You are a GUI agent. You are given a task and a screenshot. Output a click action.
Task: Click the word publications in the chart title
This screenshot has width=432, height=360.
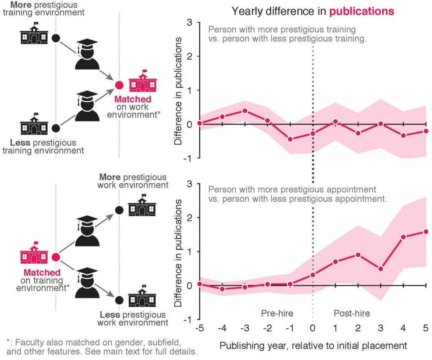click(362, 11)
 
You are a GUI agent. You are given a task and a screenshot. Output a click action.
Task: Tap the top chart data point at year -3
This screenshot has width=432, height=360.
click(245, 111)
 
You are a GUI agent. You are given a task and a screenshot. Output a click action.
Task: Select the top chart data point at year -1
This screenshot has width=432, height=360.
click(290, 139)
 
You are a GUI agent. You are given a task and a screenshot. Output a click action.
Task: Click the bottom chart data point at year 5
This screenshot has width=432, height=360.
click(426, 232)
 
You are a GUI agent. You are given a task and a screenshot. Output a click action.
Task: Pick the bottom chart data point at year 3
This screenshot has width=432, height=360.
click(381, 269)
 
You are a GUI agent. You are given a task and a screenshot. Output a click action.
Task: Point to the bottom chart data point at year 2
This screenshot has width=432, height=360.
click(358, 255)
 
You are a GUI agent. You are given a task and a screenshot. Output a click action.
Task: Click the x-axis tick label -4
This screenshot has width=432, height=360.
click(222, 328)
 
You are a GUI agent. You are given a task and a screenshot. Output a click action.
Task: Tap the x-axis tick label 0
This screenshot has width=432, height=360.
click(313, 328)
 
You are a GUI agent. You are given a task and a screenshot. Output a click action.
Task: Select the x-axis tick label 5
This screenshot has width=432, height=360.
click(426, 328)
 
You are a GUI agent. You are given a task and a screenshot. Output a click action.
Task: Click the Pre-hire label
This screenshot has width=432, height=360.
click(277, 314)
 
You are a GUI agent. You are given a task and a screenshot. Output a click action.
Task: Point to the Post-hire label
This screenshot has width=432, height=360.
click(351, 314)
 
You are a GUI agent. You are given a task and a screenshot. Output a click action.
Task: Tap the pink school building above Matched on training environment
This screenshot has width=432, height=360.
click(34, 253)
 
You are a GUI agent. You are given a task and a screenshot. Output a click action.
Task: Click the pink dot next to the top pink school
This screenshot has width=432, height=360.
click(119, 85)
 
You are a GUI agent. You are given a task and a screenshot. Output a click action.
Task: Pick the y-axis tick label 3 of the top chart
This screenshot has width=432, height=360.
click(189, 22)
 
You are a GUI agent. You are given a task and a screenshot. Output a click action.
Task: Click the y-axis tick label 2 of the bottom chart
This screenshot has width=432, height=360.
click(189, 218)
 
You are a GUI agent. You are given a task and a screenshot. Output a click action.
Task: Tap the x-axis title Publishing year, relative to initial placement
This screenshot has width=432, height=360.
click(313, 346)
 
